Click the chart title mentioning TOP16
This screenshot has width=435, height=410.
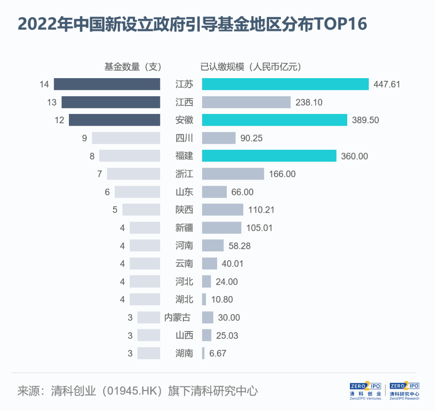pyautogui.click(x=192, y=25)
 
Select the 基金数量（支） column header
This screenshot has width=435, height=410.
pyautogui.click(x=133, y=67)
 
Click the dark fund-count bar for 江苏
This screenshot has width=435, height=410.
pyautogui.click(x=107, y=84)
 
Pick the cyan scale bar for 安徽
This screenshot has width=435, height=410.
pyautogui.click(x=274, y=120)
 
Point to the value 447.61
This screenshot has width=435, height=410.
pyautogui.click(x=387, y=84)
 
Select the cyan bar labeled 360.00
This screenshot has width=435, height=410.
pyautogui.click(x=269, y=156)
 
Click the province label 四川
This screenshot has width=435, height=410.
pyautogui.click(x=184, y=138)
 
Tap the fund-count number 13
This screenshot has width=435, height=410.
pyautogui.click(x=52, y=102)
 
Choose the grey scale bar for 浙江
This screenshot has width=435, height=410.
pyautogui.click(x=233, y=174)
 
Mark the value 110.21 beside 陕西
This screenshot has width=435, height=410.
pyautogui.click(x=261, y=210)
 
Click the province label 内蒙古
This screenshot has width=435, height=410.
pyautogui.click(x=177, y=317)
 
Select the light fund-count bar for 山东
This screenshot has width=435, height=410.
pyautogui.click(x=137, y=192)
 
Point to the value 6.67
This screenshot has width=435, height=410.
pyautogui.click(x=218, y=353)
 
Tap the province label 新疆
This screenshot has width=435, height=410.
pyautogui.click(x=184, y=228)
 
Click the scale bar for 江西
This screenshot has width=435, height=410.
pyautogui.click(x=246, y=102)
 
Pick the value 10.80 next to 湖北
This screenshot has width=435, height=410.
pyautogui.click(x=222, y=300)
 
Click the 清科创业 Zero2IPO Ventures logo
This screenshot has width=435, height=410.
pyautogui.click(x=365, y=391)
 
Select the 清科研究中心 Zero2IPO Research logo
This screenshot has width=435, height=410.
pyautogui.click(x=404, y=391)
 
